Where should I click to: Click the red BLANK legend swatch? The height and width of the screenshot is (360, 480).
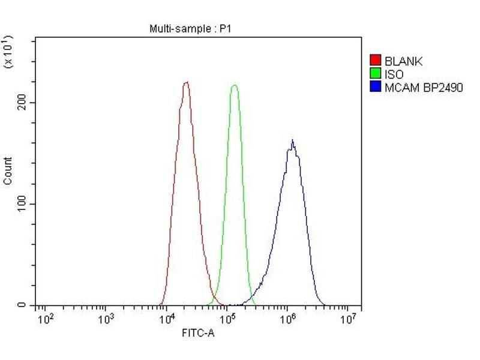376,61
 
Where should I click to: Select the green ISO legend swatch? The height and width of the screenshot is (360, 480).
376,74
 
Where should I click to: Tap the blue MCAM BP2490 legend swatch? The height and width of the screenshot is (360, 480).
376,87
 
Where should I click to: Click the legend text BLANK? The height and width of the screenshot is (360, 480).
403,61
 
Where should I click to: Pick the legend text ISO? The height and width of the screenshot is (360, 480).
394,74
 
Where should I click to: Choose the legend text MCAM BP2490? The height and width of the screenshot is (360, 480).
424,88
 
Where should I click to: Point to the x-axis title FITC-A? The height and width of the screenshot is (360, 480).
197,334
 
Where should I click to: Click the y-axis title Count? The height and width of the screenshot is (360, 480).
8,171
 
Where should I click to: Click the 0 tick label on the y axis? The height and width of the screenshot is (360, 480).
22,305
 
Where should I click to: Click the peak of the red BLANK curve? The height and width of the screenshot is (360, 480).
186,82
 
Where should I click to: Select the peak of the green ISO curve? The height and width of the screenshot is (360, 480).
234,85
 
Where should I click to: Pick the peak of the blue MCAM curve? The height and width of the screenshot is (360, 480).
292,141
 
